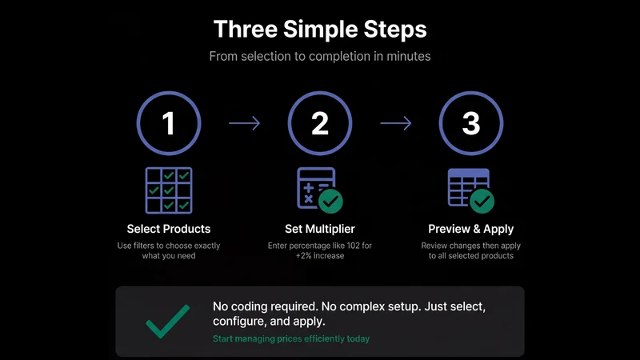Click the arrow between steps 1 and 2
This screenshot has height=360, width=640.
pyautogui.click(x=244, y=123)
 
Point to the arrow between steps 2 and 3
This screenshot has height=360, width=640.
pyautogui.click(x=395, y=123)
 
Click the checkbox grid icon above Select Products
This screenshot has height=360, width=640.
pyautogui.click(x=169, y=190)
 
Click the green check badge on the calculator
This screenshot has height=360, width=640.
pyautogui.click(x=330, y=202)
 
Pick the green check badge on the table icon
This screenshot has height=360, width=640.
pyautogui.click(x=482, y=202)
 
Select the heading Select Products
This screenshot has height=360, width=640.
pyautogui.click(x=169, y=229)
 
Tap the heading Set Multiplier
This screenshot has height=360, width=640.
pyautogui.click(x=319, y=229)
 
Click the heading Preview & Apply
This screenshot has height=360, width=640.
pyautogui.click(x=471, y=229)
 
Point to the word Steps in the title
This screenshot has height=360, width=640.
pyautogui.click(x=395, y=30)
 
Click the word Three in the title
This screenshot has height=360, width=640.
pyautogui.click(x=246, y=30)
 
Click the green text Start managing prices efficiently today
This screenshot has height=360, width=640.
pyautogui.click(x=291, y=338)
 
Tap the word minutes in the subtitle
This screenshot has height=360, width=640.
pyautogui.click(x=408, y=56)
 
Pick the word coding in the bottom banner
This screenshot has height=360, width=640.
pyautogui.click(x=250, y=306)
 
